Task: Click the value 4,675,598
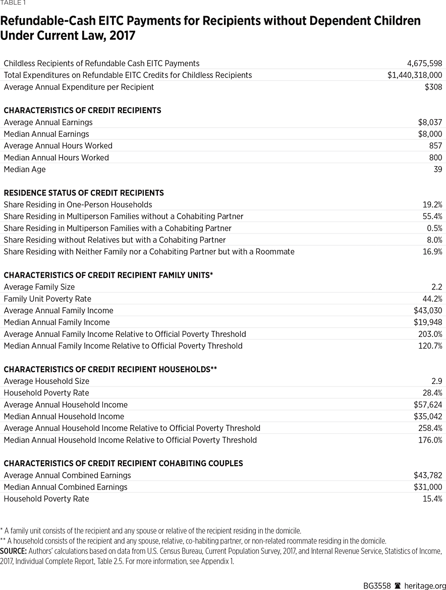tap(424, 64)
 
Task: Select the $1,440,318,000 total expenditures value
tap(415, 75)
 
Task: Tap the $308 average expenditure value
tap(433, 87)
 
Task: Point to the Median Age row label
tap(24, 169)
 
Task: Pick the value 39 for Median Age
tap(437, 169)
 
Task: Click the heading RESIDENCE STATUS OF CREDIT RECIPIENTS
tap(84, 193)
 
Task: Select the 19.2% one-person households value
tap(432, 205)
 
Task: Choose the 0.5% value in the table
tap(434, 228)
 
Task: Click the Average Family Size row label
tap(39, 287)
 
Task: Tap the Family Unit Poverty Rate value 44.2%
tap(432, 299)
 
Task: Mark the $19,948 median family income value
tap(428, 322)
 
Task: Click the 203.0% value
tap(430, 334)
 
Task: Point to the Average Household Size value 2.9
tap(437, 381)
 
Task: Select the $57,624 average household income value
tap(428, 405)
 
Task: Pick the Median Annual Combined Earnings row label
tap(66, 487)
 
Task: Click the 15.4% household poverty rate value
tap(432, 499)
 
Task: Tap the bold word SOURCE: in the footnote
tap(14, 551)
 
